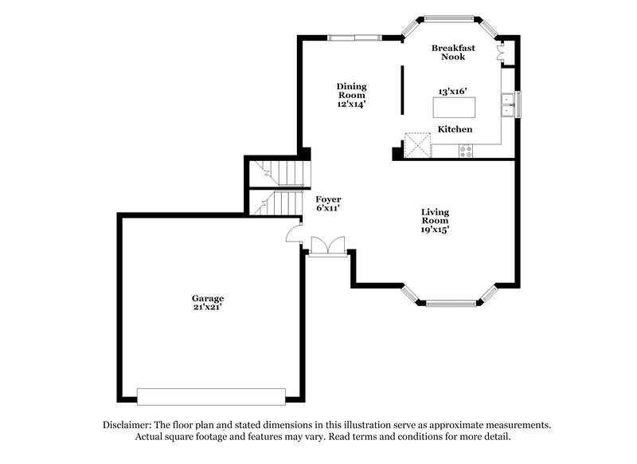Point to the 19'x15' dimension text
435,230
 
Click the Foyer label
329,199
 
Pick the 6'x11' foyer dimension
329,208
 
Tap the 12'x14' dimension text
350,104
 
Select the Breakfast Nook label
448,52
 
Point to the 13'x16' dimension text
453,91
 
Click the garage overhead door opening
211,396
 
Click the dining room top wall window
354,36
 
